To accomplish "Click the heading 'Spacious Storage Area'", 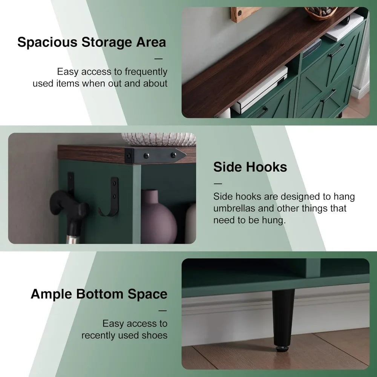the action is click(92, 43).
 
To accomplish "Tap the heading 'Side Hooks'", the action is click(250, 167).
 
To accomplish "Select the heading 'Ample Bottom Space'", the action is click(99, 294).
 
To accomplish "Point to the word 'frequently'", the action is click(146, 72).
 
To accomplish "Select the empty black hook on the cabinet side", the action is click(111, 197).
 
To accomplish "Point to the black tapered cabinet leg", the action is click(283, 317).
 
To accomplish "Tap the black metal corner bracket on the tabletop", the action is click(155, 155).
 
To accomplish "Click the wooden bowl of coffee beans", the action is click(320, 12).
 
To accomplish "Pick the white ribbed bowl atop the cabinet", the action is click(159, 139).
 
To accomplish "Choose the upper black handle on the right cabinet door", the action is click(337, 50).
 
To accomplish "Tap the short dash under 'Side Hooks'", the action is click(218, 184).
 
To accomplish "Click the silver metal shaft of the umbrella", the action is click(72, 239).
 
